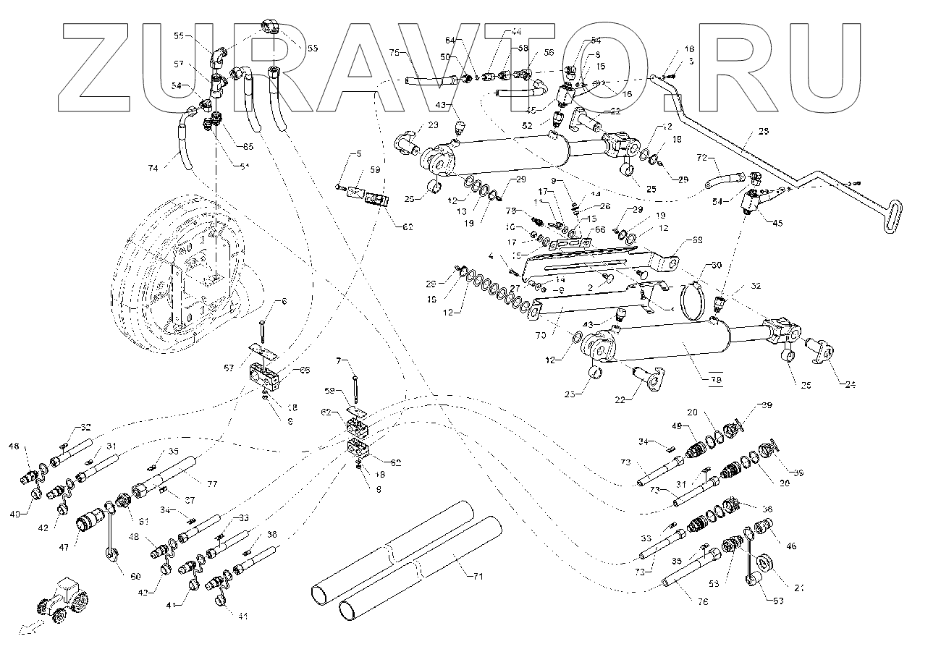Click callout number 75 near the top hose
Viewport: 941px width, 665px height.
[394, 53]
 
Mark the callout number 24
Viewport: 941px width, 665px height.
[851, 384]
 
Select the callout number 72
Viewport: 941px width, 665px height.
[701, 157]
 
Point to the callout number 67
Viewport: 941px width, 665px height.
[228, 368]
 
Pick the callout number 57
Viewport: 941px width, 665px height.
[179, 64]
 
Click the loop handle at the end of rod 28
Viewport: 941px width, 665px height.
[893, 218]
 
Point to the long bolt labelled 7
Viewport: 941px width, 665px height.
[357, 387]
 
